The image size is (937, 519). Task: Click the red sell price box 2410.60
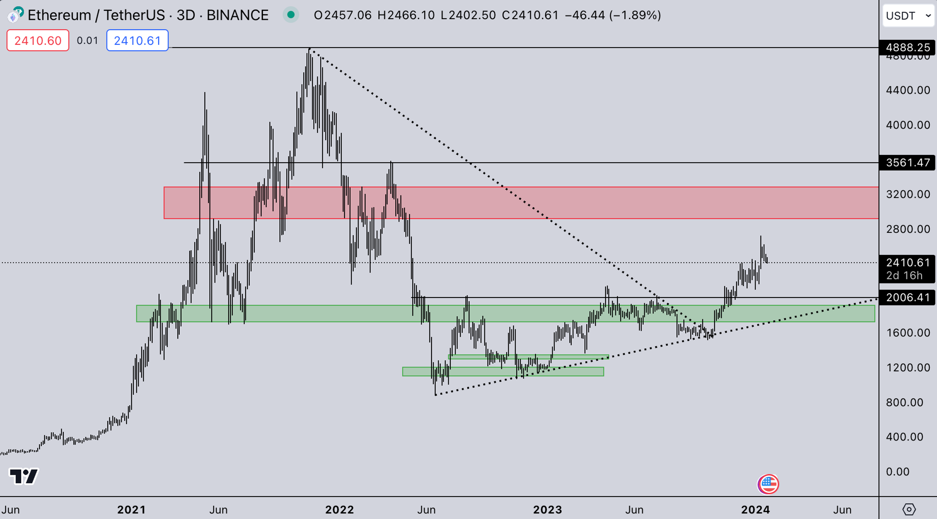click(x=38, y=40)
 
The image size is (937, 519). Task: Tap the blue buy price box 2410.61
click(x=137, y=40)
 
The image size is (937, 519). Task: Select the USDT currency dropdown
click(x=908, y=16)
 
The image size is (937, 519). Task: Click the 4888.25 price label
click(x=907, y=47)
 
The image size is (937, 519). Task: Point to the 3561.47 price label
click(x=907, y=162)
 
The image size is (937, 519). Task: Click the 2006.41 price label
click(x=907, y=298)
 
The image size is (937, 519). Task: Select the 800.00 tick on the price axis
click(x=904, y=402)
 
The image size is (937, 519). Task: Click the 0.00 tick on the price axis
click(x=897, y=472)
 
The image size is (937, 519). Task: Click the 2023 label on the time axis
click(x=547, y=509)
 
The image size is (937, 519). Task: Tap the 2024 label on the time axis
click(x=755, y=509)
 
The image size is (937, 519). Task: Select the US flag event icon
click(x=768, y=484)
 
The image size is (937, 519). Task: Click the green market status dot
click(x=291, y=15)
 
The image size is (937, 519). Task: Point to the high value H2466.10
click(x=406, y=15)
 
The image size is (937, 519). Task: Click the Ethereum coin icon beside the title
click(x=15, y=15)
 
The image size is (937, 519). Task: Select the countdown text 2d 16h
click(x=904, y=275)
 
